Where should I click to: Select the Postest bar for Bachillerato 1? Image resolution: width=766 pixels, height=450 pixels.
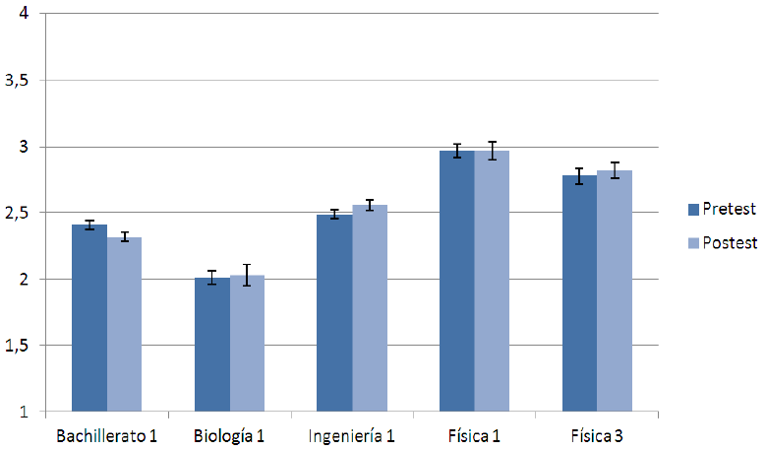click(125, 324)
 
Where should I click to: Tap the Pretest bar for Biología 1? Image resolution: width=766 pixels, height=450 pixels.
click(212, 345)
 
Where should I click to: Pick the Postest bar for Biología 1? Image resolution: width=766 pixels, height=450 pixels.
click(248, 344)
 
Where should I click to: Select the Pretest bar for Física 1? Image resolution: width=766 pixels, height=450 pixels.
click(457, 281)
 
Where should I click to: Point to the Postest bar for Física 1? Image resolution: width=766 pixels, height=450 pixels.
click(492, 281)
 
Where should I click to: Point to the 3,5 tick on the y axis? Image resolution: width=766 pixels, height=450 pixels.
click(19, 81)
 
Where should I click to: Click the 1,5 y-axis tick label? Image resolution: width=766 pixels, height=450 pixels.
click(19, 346)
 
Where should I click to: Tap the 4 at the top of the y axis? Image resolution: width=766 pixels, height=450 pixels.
click(24, 14)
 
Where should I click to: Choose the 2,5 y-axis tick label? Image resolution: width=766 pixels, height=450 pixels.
click(19, 213)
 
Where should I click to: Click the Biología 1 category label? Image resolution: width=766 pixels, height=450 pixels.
click(229, 435)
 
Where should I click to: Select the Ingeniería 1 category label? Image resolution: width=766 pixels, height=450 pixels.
click(352, 435)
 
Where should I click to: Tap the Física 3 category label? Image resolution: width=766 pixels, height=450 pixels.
click(597, 435)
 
